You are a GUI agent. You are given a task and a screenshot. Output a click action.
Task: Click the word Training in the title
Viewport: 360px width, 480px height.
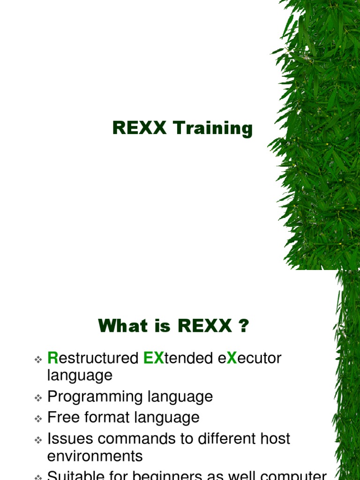[x=213, y=128]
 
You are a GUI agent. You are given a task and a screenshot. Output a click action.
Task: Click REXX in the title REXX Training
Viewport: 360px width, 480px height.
[x=139, y=128]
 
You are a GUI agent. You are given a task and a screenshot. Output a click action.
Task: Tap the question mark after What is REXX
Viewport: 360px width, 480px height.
[x=243, y=326]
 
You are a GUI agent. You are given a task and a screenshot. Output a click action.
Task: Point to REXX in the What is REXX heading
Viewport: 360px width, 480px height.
[x=205, y=326]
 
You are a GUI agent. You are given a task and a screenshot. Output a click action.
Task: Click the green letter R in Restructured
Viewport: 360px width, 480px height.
[x=52, y=359]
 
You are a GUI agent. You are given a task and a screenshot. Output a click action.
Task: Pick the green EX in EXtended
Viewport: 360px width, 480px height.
[x=153, y=359]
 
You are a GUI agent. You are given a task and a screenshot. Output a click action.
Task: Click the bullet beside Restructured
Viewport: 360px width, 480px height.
[x=38, y=360]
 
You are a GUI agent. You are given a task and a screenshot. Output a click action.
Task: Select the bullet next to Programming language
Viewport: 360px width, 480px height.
[x=38, y=398]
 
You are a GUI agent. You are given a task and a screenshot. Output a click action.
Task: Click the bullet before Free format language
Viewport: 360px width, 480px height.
[x=38, y=419]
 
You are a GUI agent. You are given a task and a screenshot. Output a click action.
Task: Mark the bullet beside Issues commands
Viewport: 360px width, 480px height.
[x=38, y=440]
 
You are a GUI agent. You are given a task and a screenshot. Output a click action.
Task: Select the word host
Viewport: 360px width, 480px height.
[x=275, y=439]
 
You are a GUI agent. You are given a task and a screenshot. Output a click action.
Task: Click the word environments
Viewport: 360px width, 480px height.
[x=95, y=456]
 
